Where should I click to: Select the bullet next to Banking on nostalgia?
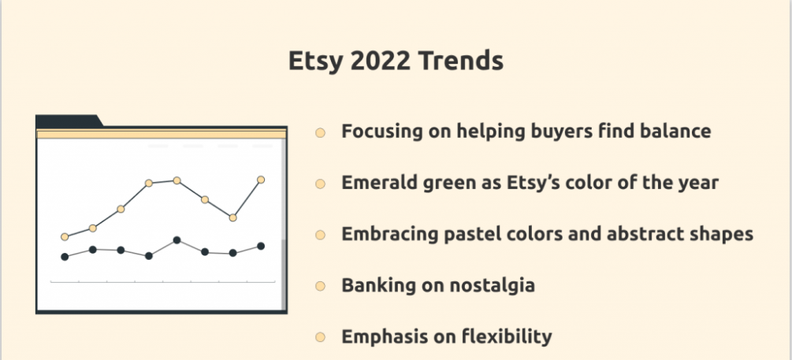tap(320, 286)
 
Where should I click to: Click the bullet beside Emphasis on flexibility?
tap(320, 337)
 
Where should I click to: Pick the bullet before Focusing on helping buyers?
tap(320, 133)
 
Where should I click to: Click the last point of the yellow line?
tap(261, 180)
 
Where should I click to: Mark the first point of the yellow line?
tap(65, 237)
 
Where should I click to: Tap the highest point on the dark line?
tap(177, 240)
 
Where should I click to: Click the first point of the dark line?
tap(65, 257)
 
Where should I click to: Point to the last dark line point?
tap(261, 247)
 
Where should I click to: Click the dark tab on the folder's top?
tap(69, 121)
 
